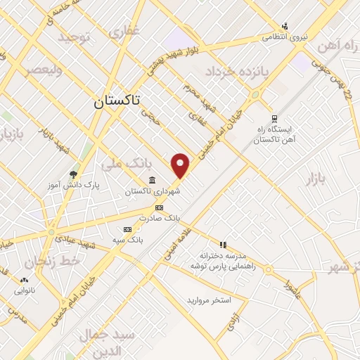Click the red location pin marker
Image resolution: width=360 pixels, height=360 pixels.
tap(181, 165)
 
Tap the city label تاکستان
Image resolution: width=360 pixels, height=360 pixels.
tap(117, 101)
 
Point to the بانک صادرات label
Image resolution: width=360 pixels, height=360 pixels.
tap(159, 218)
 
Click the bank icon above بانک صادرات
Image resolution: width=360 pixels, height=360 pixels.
tap(159, 208)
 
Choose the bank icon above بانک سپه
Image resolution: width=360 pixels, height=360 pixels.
tap(127, 229)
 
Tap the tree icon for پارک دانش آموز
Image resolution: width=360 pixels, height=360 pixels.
tap(73, 174)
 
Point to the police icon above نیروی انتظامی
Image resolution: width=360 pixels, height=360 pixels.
tap(285, 26)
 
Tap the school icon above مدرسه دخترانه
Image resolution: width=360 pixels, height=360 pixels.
tap(223, 245)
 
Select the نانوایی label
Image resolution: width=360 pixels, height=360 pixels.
tap(19, 290)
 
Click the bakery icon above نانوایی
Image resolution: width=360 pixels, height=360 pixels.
tap(22, 280)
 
